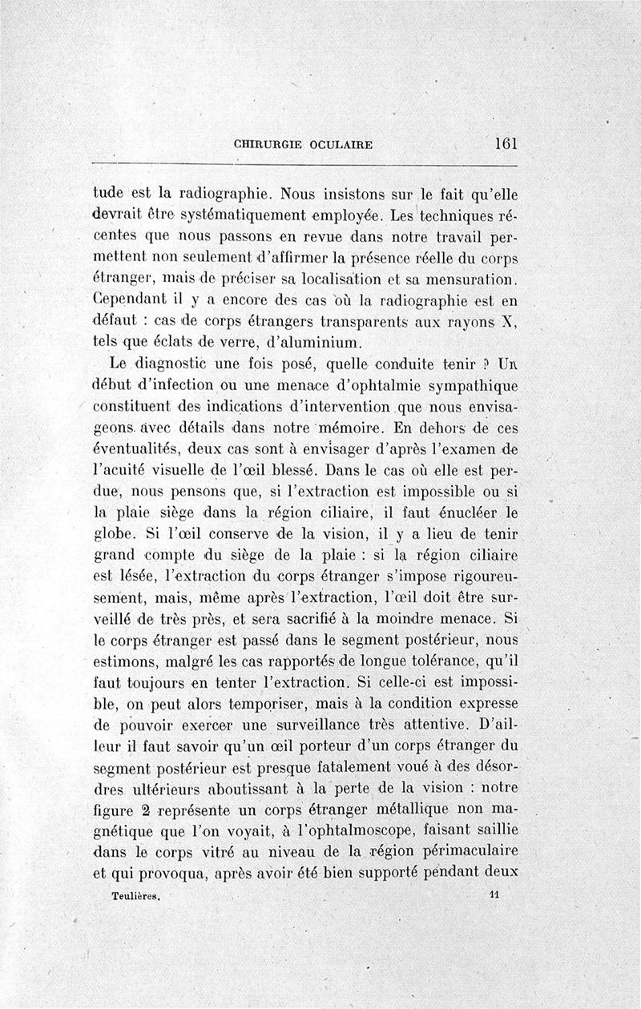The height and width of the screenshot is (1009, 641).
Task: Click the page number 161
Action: click(x=506, y=144)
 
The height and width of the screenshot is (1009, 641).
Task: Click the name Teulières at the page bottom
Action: click(x=138, y=897)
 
